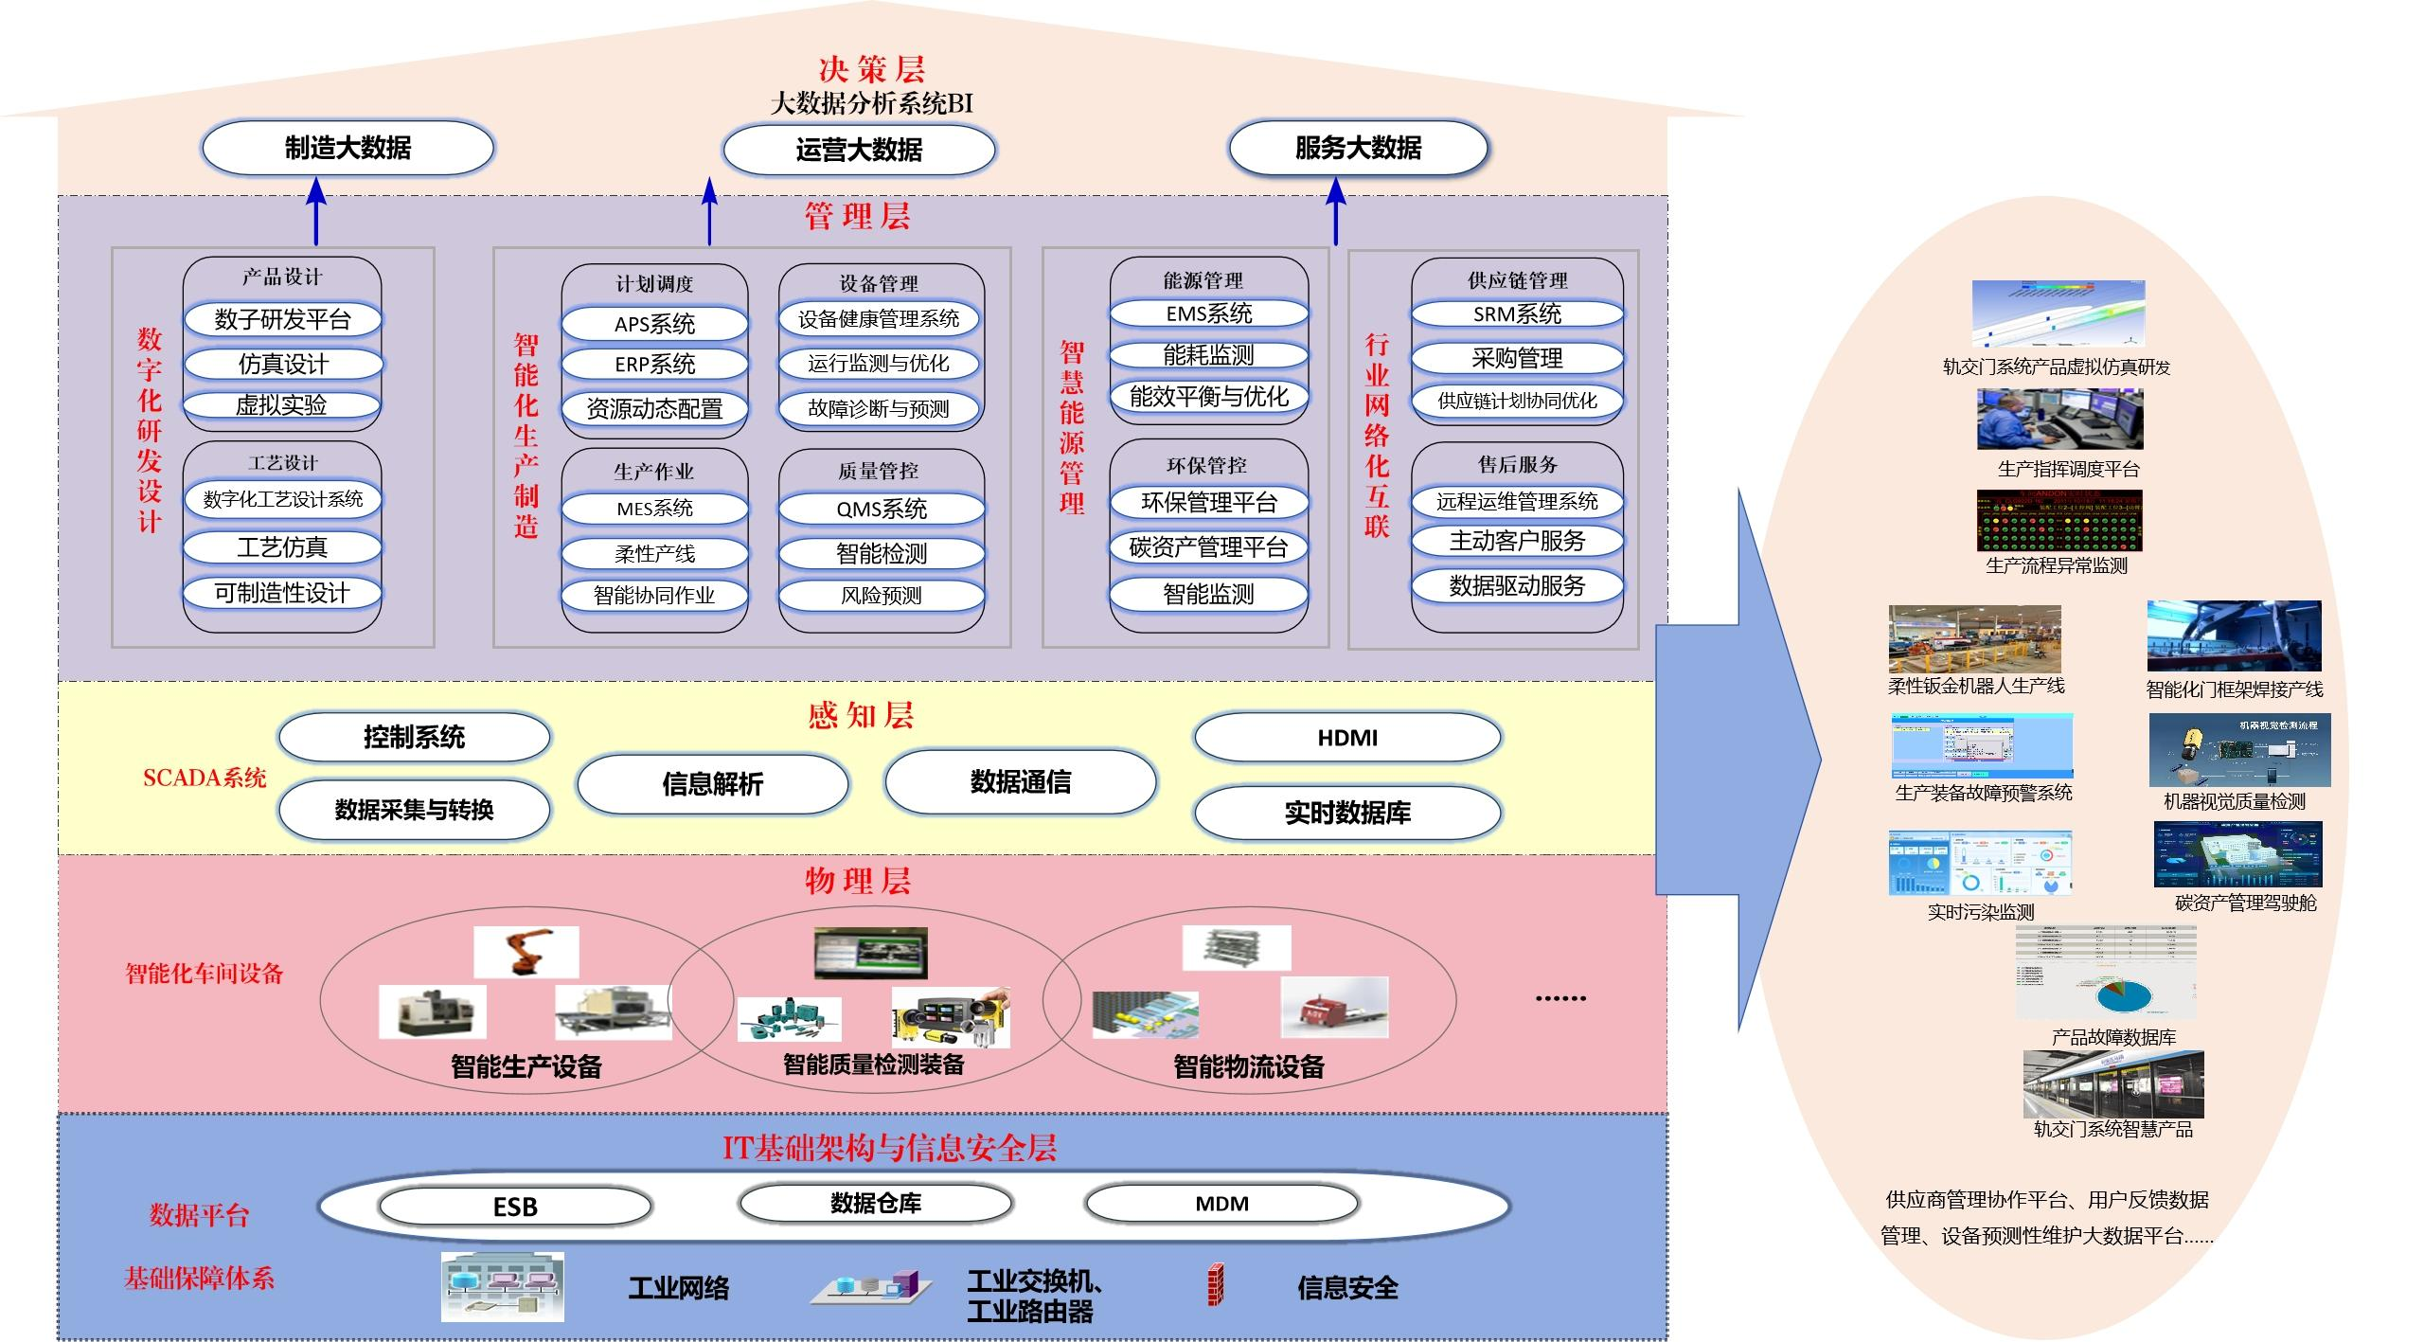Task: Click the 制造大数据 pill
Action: (348, 148)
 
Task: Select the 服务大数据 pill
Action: (1358, 148)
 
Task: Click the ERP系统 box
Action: (654, 364)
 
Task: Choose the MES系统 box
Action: (654, 509)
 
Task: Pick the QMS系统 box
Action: (882, 509)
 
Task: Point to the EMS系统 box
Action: (1208, 313)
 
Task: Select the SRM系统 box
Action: (1517, 314)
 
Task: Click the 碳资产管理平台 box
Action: (1208, 547)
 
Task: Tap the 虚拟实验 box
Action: (281, 405)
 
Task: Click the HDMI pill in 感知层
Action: (1347, 738)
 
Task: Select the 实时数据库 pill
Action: (1347, 813)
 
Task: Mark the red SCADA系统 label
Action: (205, 778)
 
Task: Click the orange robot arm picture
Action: (526, 951)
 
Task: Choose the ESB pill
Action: (515, 1207)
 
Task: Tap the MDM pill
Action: (1221, 1204)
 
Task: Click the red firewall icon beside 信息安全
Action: (1216, 1285)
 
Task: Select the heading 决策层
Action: (871, 69)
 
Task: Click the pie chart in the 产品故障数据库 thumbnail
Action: (2124, 997)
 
